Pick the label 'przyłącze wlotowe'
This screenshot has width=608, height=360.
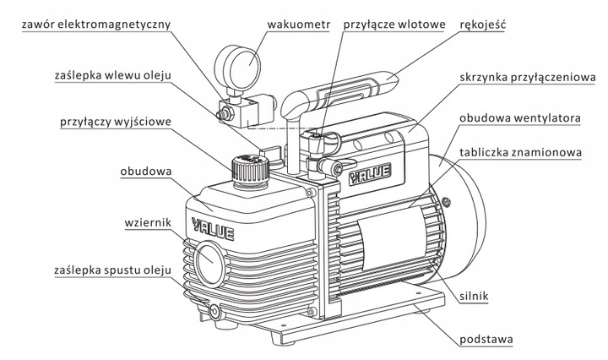(394, 25)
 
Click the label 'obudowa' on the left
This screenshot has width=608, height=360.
(146, 172)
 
